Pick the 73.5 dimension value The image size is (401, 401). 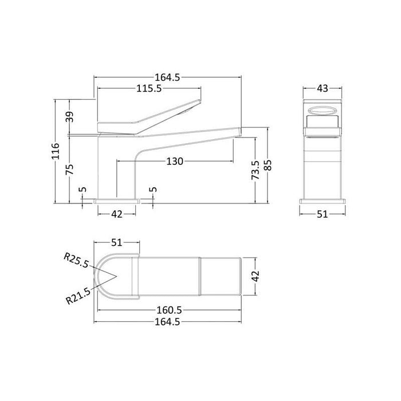(256, 170)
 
